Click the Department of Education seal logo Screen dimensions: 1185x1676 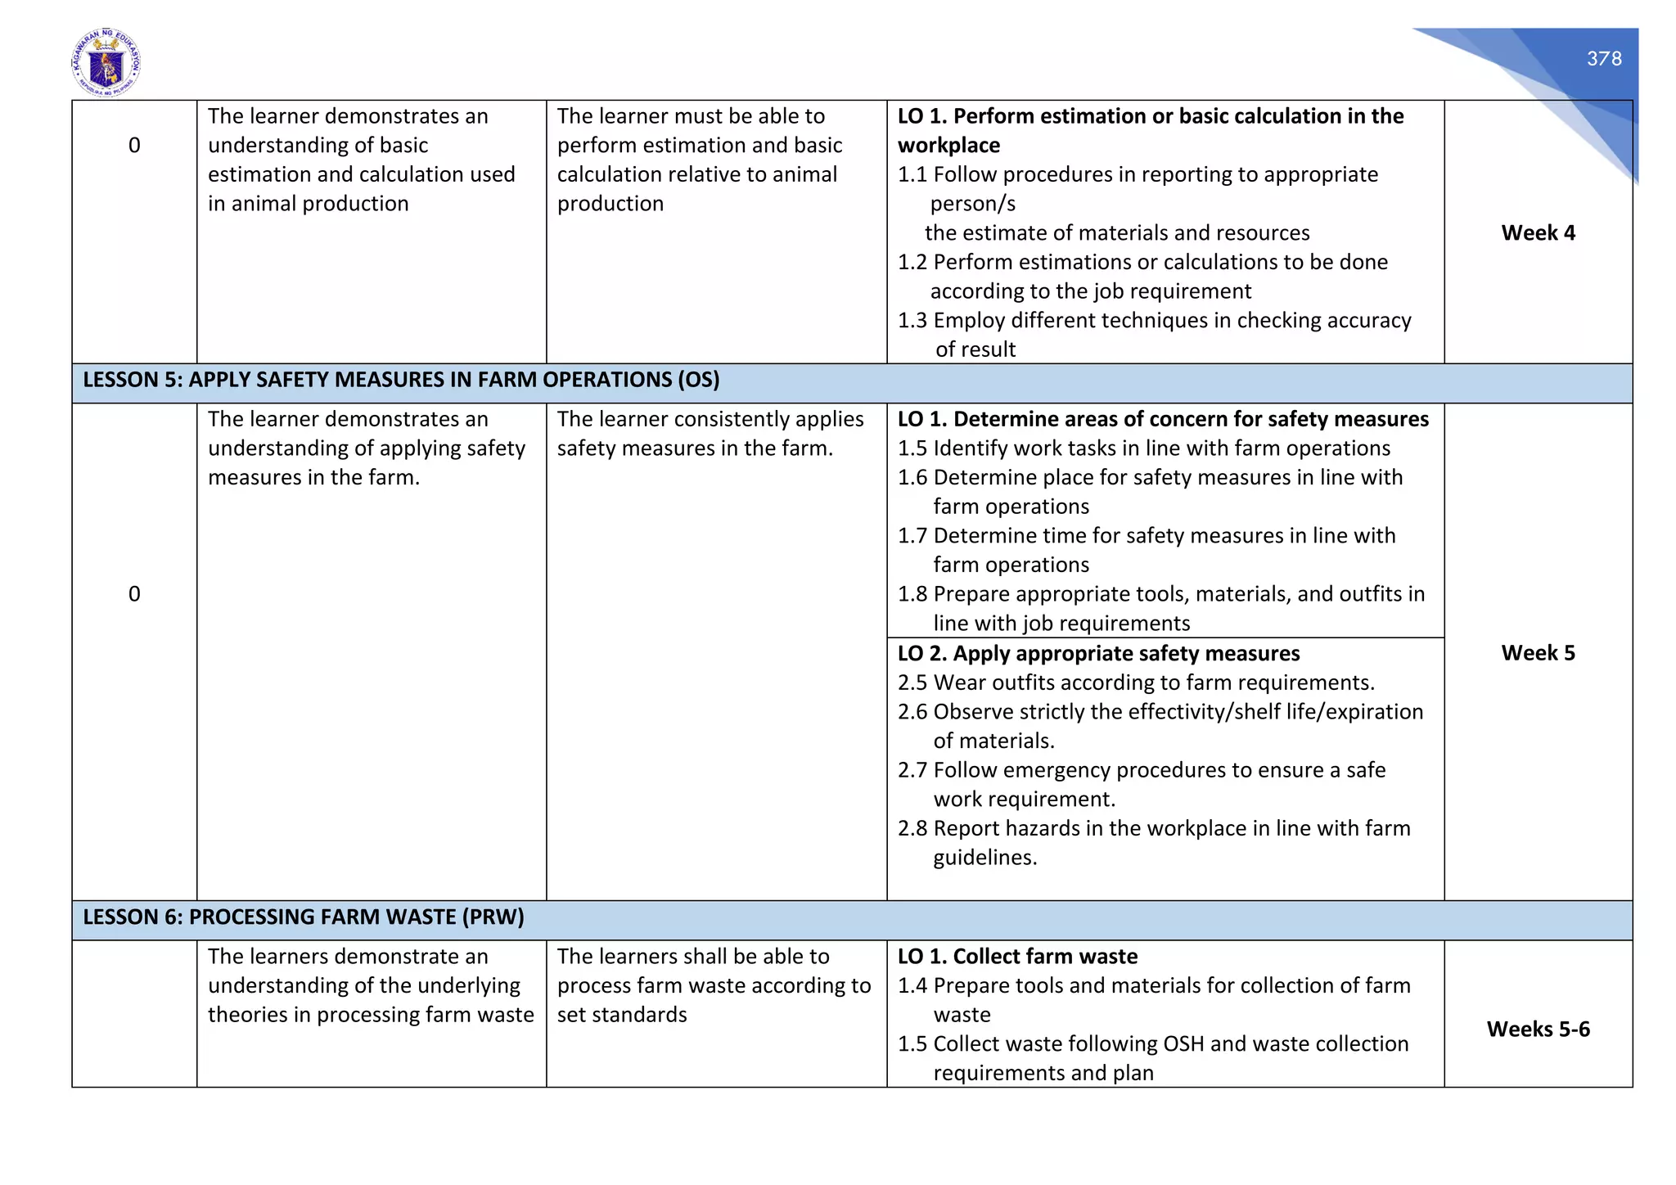pos(106,63)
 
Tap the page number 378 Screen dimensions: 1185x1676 pos(1603,59)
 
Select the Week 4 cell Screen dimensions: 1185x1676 pos(1537,233)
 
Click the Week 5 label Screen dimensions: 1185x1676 pos(1537,653)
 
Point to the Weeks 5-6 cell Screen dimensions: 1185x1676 pos(1537,1030)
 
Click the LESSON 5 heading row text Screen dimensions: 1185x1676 pos(401,381)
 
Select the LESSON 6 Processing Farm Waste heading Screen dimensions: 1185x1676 pos(303,917)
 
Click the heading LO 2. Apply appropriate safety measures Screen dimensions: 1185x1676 pos(1098,654)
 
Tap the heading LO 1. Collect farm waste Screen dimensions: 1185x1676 pos(1017,957)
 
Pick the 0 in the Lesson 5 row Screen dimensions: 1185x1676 pos(134,594)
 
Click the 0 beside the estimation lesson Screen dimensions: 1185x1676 pos(134,146)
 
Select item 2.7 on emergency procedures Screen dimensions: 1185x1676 pos(1141,771)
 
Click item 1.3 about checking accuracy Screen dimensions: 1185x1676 pos(1154,321)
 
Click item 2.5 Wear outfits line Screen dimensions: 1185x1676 pos(1136,683)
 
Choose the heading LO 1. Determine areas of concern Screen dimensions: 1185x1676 pos(1162,420)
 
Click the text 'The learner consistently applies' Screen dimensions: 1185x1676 pos(710,420)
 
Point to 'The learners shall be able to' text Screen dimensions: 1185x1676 pos(692,957)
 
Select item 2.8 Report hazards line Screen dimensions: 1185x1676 pos(1154,829)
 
